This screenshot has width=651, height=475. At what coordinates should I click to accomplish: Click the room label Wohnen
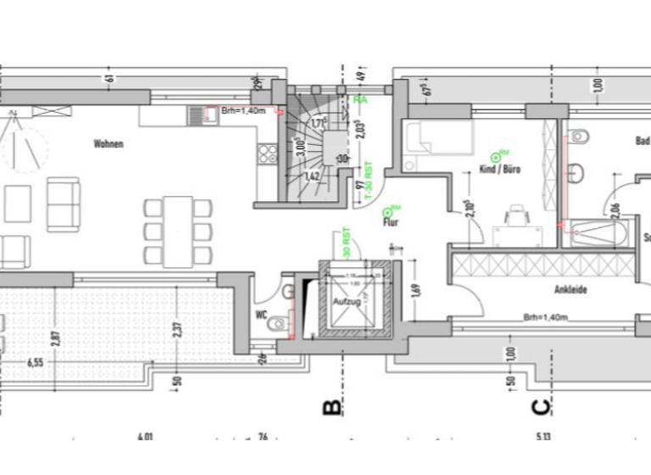[108, 144]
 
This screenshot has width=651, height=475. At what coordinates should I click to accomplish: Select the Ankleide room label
[570, 289]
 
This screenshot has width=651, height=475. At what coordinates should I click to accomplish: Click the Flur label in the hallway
[391, 224]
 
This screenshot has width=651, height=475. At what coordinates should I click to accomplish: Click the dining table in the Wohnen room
[178, 231]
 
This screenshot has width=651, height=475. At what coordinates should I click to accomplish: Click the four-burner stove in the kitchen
[268, 154]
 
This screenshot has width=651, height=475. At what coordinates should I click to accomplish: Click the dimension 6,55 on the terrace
[36, 362]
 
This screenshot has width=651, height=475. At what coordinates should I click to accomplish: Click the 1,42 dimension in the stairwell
[311, 176]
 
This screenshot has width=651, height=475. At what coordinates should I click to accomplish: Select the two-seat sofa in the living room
[63, 204]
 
